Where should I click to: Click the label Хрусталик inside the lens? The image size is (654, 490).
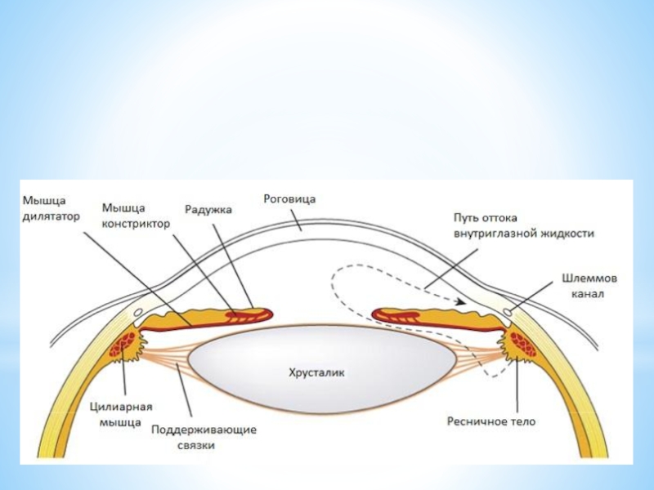pos(318,372)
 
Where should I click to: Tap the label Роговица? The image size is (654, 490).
pos(289,198)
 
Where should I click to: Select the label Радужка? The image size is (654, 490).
pos(208,210)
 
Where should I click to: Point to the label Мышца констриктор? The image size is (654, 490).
pos(136,215)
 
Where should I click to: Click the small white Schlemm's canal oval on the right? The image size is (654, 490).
pos(508,312)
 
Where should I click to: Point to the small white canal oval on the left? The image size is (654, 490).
pos(137,312)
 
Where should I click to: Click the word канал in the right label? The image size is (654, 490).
pos(589,294)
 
